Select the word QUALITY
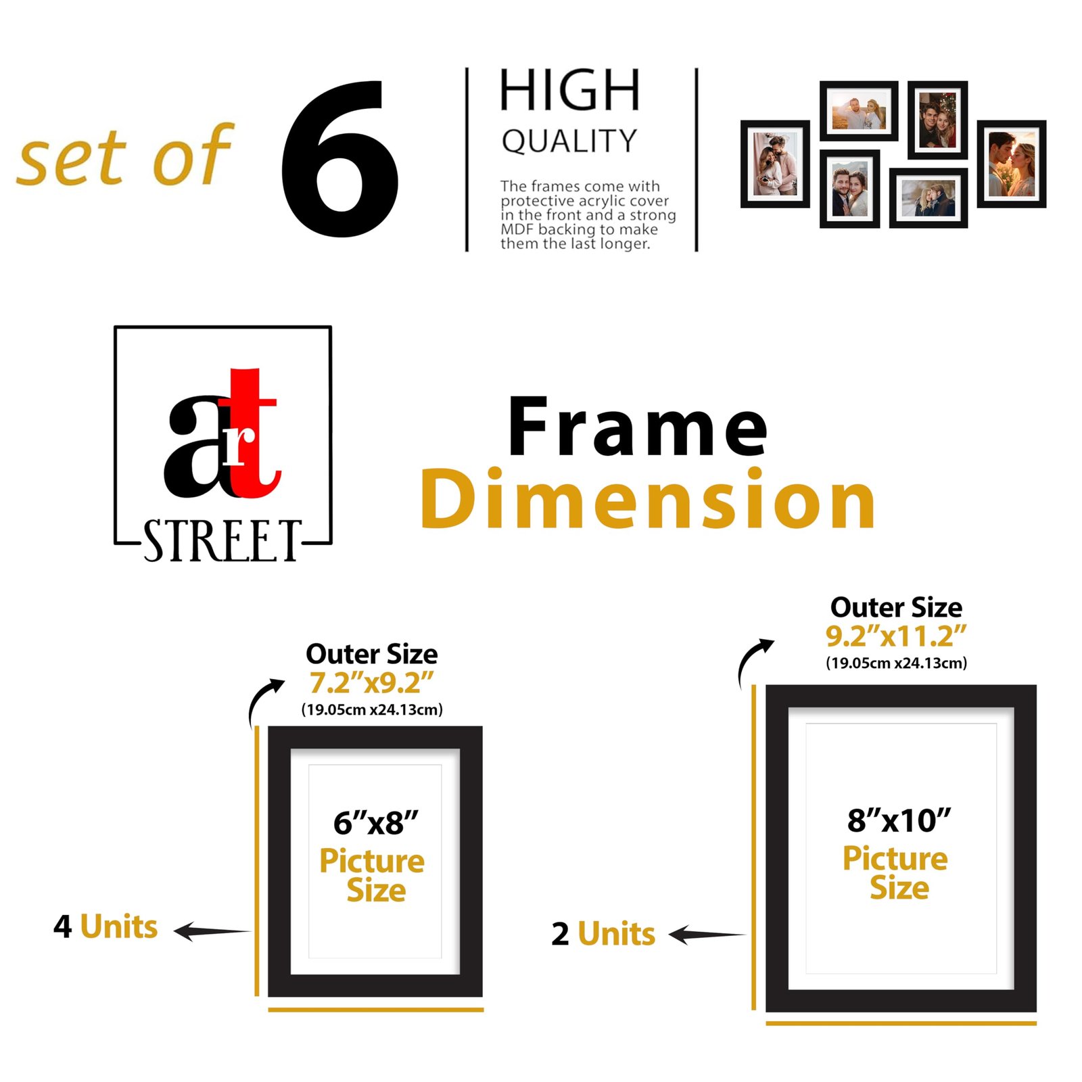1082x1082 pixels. point(569,141)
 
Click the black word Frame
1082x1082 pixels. point(638,427)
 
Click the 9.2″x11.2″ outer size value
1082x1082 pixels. point(896,635)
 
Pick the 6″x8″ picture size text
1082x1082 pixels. point(376,822)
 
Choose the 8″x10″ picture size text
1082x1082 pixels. point(899,820)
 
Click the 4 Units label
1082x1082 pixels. point(105,926)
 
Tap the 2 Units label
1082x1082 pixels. point(603,934)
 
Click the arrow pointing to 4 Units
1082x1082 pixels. point(212,931)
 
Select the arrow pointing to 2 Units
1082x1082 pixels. point(707,935)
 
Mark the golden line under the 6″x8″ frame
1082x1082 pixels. point(376,1010)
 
